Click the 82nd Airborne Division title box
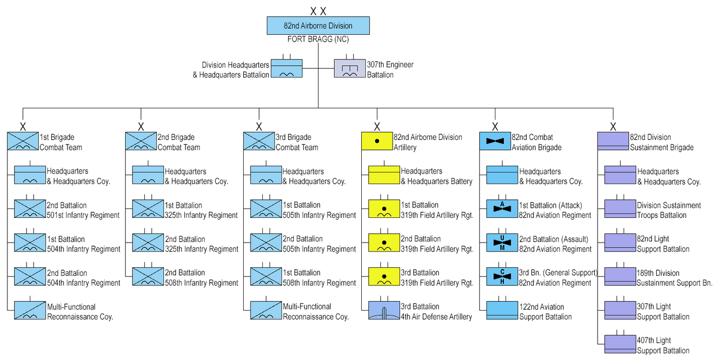pyautogui.click(x=318, y=26)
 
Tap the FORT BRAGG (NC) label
pyautogui.click(x=318, y=39)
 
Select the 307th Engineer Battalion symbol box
pyautogui.click(x=349, y=69)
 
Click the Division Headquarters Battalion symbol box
pyautogui.click(x=286, y=69)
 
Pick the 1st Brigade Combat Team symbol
pyautogui.click(x=22, y=142)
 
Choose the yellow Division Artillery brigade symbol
pyautogui.click(x=376, y=142)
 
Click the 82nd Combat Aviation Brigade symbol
pyautogui.click(x=495, y=142)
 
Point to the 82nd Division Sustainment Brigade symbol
pyautogui.click(x=613, y=142)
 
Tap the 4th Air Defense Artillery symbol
pyautogui.click(x=384, y=311)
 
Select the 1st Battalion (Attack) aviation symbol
pyautogui.click(x=502, y=209)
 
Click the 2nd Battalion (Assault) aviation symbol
pyautogui.click(x=502, y=243)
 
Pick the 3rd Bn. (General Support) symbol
pyautogui.click(x=502, y=276)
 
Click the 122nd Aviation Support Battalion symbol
pyautogui.click(x=502, y=311)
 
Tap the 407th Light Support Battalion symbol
pyautogui.click(x=620, y=344)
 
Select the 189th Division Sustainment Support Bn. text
pyautogui.click(x=674, y=278)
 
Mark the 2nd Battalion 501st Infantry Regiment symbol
pyautogui.click(x=30, y=209)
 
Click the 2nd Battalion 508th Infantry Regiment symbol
pyautogui.click(x=148, y=276)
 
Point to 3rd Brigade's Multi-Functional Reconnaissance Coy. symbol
pyautogui.click(x=266, y=311)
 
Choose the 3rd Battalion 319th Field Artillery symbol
pyautogui.click(x=384, y=276)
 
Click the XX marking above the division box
pyautogui.click(x=318, y=11)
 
